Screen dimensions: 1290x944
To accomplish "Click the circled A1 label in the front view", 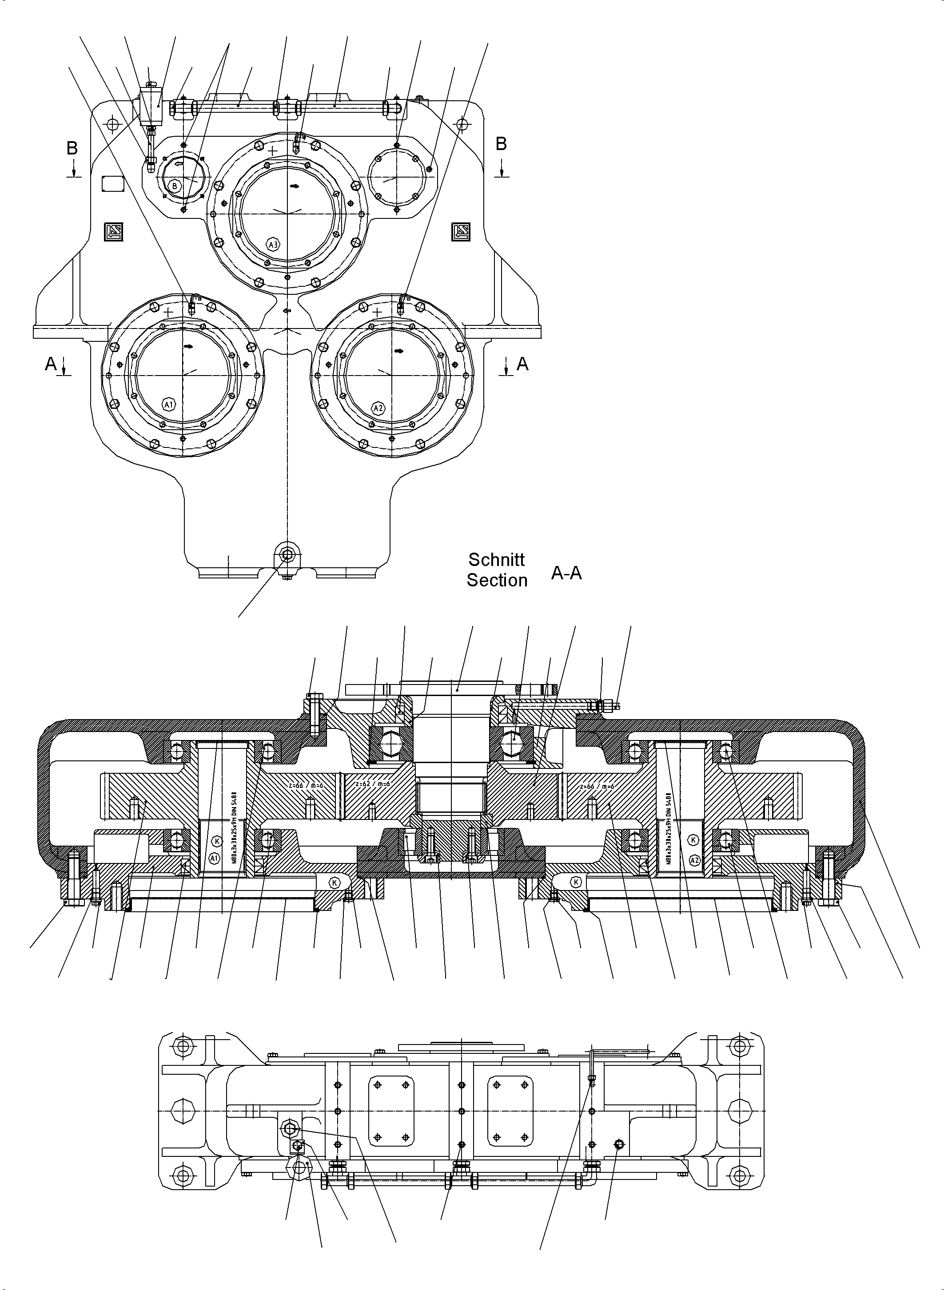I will tap(168, 405).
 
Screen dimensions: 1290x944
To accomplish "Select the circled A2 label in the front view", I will tap(378, 408).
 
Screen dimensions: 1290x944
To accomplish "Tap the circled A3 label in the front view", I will tap(273, 245).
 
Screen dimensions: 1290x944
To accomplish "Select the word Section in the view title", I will tap(497, 580).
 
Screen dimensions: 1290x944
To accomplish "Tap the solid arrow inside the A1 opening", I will tap(188, 346).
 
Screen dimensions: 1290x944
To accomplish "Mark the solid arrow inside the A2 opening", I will tap(399, 351).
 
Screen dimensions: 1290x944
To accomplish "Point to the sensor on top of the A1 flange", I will tap(191, 306).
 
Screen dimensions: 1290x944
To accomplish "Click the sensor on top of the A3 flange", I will tap(298, 143).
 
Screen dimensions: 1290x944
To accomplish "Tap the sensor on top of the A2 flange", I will tap(402, 307).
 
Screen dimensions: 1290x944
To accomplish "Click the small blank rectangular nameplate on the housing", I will tap(112, 184).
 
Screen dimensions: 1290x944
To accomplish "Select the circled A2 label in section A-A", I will tap(694, 859).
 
